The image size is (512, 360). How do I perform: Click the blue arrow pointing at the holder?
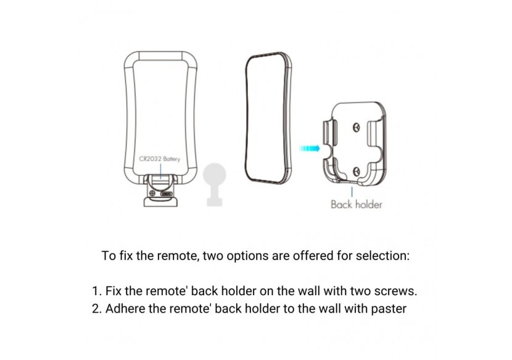click(310, 149)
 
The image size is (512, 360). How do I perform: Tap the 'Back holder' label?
click(357, 205)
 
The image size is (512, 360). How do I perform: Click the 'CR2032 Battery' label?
click(159, 159)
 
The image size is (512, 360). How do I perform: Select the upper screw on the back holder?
click(357, 127)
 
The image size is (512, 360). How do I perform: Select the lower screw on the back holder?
click(357, 171)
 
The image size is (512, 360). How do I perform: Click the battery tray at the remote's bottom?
click(160, 191)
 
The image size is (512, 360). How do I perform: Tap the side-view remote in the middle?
click(268, 118)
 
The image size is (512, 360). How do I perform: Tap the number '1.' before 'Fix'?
click(97, 291)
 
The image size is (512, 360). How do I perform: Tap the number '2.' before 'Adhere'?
click(97, 308)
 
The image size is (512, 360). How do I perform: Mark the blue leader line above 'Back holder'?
click(352, 192)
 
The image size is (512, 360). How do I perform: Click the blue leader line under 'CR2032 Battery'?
click(160, 171)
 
